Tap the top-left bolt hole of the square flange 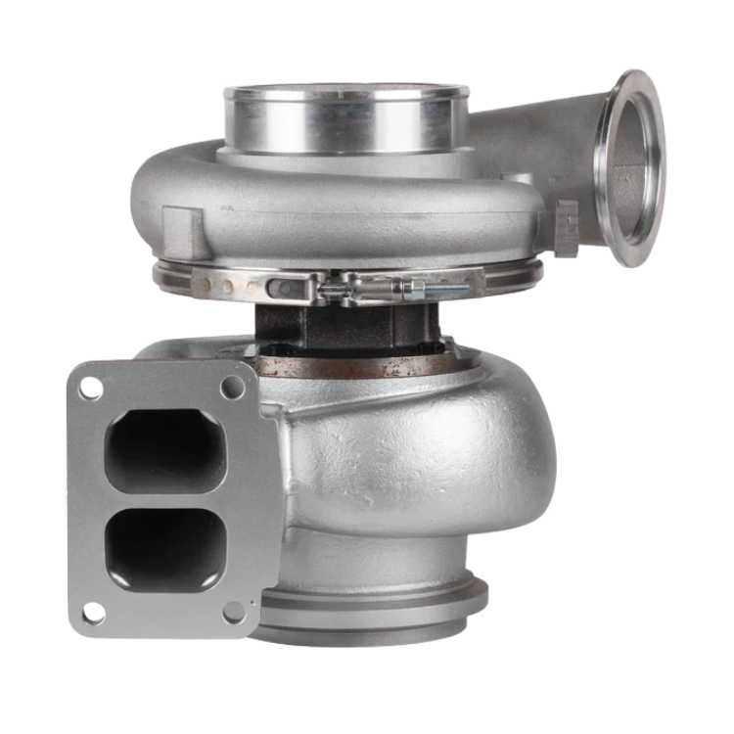(x=89, y=388)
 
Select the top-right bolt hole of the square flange (x=232, y=387)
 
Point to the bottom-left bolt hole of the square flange (x=91, y=613)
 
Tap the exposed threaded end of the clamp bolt (x=447, y=289)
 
